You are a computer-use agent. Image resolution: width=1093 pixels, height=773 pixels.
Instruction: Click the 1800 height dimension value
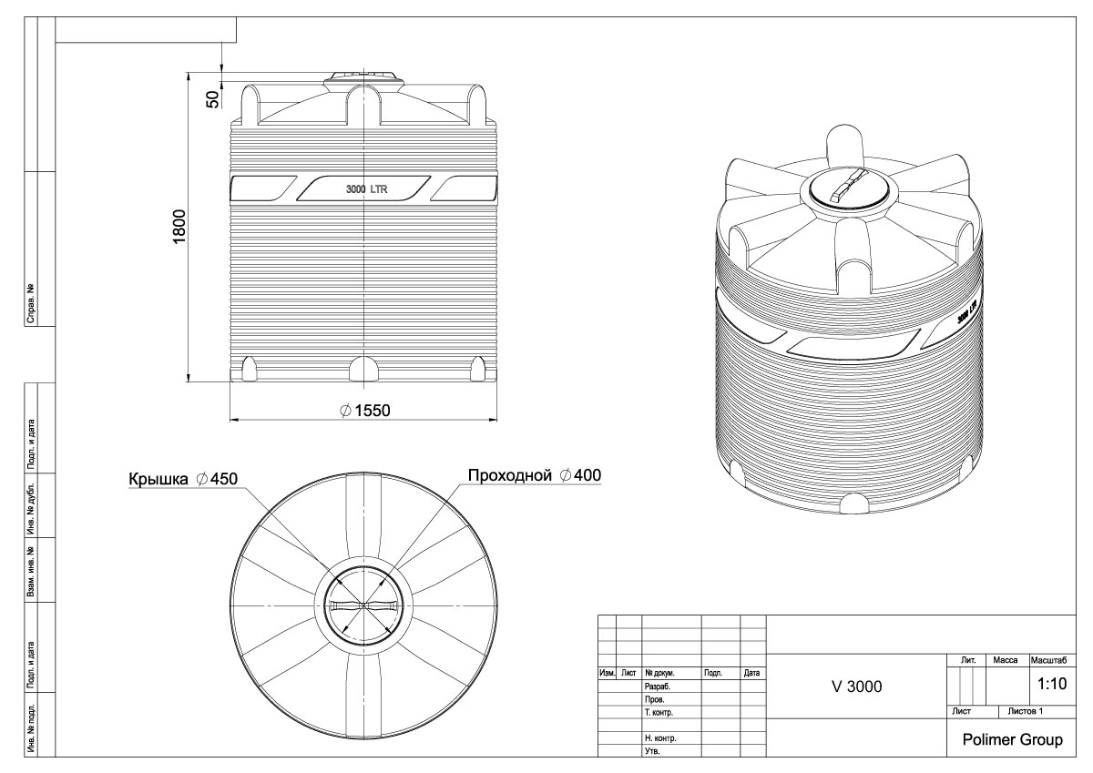pos(179,227)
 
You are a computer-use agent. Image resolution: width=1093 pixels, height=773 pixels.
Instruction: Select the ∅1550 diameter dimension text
pos(365,411)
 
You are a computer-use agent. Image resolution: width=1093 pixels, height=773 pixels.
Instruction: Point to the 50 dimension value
pos(213,99)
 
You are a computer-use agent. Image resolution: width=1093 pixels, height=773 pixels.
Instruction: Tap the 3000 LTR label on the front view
pos(366,189)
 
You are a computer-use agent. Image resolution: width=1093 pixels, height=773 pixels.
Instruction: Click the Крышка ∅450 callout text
pos(183,479)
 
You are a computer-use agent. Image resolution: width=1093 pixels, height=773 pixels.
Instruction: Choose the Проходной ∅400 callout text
pos(535,475)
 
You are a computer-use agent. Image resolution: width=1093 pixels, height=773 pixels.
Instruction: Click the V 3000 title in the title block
pos(856,687)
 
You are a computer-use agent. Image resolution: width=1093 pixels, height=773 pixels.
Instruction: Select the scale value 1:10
pos(1052,684)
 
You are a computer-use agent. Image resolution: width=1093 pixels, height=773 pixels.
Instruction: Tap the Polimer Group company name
pos(1013,740)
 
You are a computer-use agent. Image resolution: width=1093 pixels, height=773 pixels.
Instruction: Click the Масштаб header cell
pos(1048,660)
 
